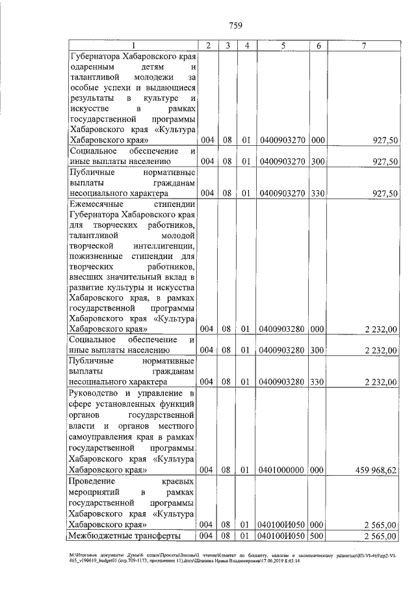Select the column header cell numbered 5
283,45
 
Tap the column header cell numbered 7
365,45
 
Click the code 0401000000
283,469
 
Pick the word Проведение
93,480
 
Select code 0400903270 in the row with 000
283,140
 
